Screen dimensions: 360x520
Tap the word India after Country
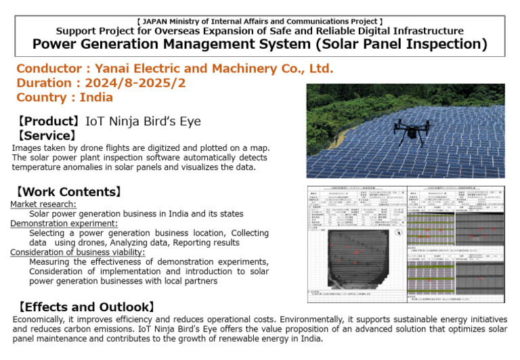pyautogui.click(x=97, y=97)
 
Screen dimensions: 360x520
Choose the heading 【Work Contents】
pyautogui.click(x=69, y=192)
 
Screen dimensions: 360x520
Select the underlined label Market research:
pyautogui.click(x=43, y=204)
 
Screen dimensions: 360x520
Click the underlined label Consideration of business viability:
pyautogui.click(x=77, y=252)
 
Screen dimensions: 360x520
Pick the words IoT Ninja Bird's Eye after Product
pyautogui.click(x=143, y=121)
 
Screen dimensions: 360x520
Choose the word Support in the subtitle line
pyautogui.click(x=78, y=31)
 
